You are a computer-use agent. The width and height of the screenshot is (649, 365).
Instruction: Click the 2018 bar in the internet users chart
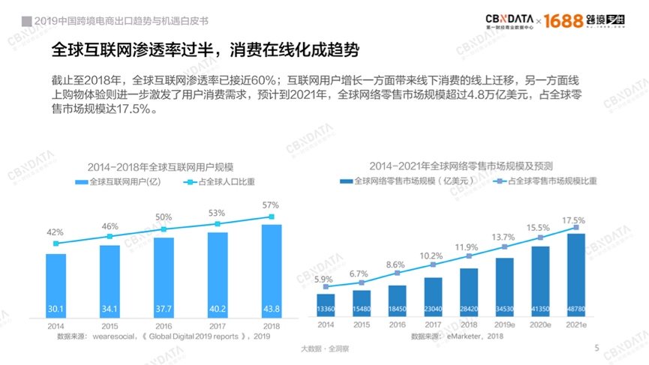click(271, 270)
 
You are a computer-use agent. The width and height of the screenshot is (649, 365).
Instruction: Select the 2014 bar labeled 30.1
click(56, 285)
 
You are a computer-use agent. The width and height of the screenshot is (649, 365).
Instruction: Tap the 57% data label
click(270, 205)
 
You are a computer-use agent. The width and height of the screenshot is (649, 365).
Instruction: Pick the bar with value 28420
click(468, 292)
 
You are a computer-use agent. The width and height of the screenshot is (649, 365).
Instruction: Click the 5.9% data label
click(324, 280)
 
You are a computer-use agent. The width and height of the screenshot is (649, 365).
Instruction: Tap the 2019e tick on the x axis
click(504, 325)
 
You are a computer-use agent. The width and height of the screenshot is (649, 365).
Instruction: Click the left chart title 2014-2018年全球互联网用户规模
click(160, 166)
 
